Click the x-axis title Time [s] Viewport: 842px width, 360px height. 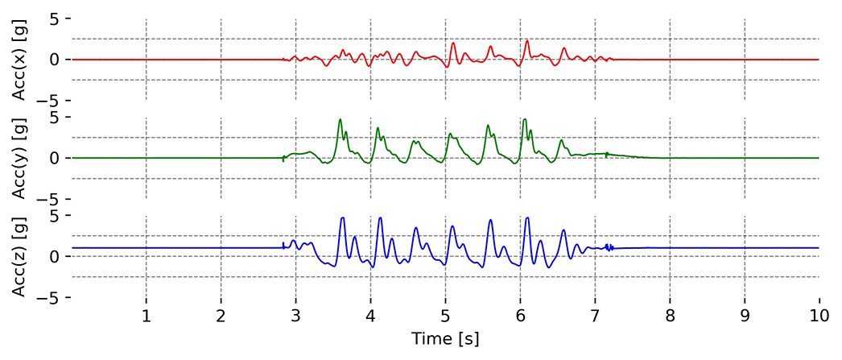pos(444,339)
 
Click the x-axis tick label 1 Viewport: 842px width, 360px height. pos(146,315)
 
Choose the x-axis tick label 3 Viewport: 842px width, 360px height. pos(295,315)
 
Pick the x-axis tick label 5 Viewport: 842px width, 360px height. pos(445,315)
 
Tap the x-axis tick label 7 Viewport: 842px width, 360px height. pos(595,315)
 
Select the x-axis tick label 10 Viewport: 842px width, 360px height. pos(819,315)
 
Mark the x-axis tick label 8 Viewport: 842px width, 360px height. pos(670,315)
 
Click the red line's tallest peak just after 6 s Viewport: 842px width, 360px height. pos(527,41)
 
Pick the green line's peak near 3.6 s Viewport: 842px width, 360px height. pos(340,119)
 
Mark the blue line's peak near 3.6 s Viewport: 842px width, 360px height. pos(343,217)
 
